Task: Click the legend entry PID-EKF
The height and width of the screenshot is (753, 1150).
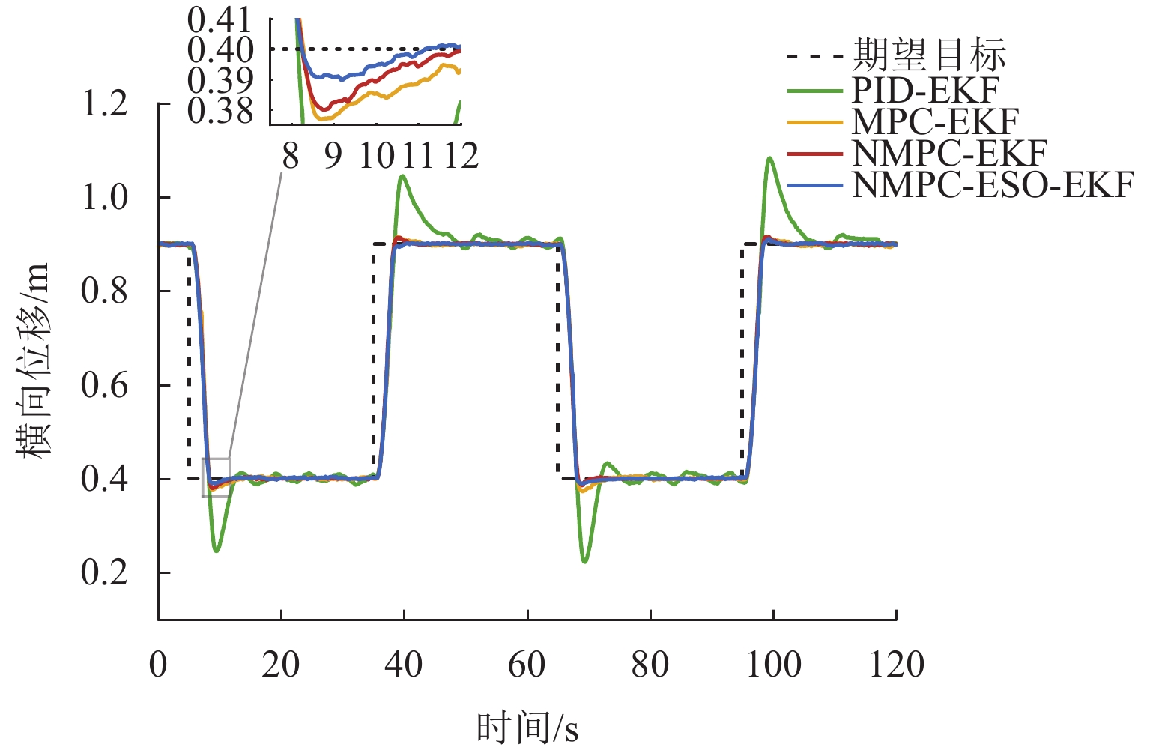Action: click(x=925, y=90)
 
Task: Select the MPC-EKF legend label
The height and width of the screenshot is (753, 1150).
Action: click(x=935, y=121)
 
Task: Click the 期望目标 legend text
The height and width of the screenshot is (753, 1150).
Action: click(x=929, y=55)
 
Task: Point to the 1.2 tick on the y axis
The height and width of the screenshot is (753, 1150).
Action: click(x=105, y=103)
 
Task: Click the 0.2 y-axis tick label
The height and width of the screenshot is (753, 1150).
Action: click(x=105, y=572)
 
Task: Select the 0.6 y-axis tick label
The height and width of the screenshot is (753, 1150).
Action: click(x=105, y=385)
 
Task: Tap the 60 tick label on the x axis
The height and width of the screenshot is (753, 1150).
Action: click(x=527, y=664)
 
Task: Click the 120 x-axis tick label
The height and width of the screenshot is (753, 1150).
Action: click(x=896, y=664)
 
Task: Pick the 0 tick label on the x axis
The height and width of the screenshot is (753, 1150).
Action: click(x=158, y=664)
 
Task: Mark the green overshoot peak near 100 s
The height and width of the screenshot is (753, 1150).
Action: click(x=769, y=158)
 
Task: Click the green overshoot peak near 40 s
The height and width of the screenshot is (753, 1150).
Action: click(x=403, y=176)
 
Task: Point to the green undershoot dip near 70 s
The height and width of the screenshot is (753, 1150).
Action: click(x=584, y=561)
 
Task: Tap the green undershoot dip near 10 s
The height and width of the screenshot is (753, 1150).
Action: click(x=217, y=551)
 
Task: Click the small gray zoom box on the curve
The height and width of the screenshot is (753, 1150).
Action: click(x=216, y=477)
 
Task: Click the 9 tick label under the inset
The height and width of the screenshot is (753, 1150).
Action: click(x=333, y=156)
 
